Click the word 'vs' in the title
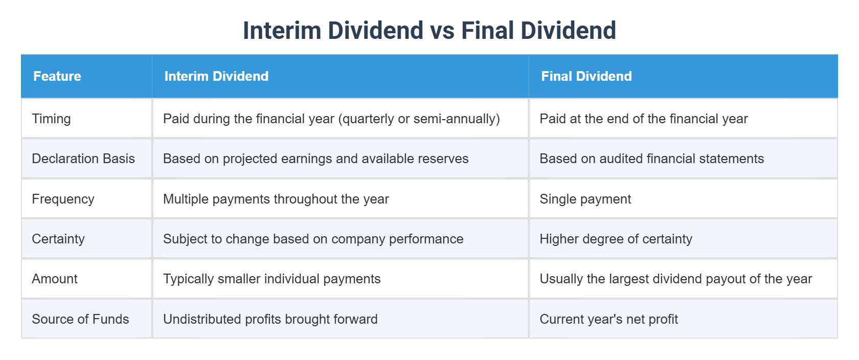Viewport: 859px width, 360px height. point(442,31)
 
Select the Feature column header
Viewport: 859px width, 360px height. point(57,76)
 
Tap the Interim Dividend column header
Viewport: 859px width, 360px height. point(216,76)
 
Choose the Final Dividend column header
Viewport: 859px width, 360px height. point(586,76)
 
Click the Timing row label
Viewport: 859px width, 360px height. point(51,119)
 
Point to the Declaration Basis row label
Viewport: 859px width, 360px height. point(83,159)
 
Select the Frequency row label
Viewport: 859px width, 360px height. point(63,199)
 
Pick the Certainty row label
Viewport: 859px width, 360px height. point(58,239)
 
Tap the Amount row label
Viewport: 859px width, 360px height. point(55,279)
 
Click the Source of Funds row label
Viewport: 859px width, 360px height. point(80,319)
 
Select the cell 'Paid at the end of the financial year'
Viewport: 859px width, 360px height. point(643,119)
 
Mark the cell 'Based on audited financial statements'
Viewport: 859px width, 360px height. point(651,159)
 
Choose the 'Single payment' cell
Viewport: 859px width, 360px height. point(585,199)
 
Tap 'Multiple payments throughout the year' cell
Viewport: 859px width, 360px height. point(276,199)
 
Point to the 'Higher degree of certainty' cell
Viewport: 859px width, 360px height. point(616,239)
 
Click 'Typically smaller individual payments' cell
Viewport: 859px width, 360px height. point(272,279)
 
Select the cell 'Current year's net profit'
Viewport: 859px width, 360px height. point(608,319)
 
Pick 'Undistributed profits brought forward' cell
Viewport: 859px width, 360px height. point(270,319)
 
